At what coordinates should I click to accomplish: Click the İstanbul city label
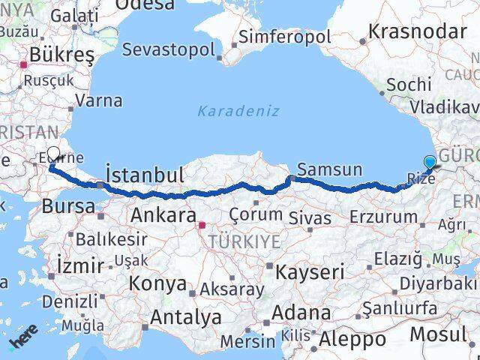pos(145,175)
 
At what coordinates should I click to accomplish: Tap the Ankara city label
pos(163,215)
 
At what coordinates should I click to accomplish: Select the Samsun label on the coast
pos(329,169)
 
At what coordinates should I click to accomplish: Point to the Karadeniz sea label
pos(238,111)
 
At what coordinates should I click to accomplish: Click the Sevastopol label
pos(168,50)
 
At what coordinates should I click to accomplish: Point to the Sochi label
pos(409,84)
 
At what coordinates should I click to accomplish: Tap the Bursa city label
pos(68,205)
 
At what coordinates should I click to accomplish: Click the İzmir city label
pos(80,265)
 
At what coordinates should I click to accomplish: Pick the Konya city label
pos(157,283)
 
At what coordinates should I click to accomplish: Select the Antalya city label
pos(185,317)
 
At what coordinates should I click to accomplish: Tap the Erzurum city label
pos(383,217)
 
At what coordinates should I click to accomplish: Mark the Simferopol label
pos(279,37)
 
